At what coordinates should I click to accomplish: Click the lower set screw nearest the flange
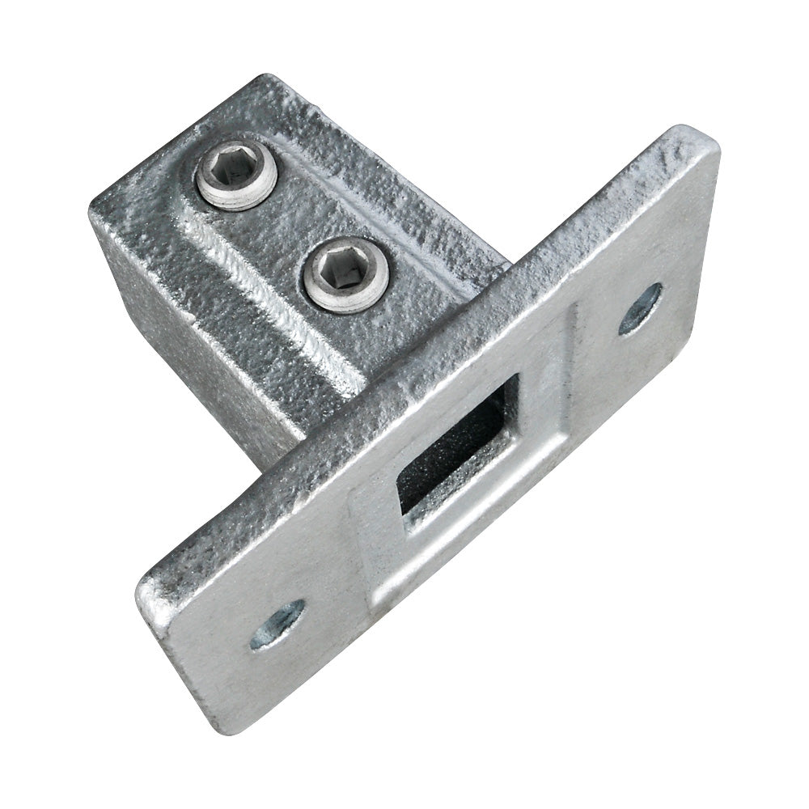(346, 275)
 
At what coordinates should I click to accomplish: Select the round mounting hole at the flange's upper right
(639, 308)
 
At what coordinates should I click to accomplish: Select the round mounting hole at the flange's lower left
(277, 624)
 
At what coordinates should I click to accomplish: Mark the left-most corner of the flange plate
(142, 578)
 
